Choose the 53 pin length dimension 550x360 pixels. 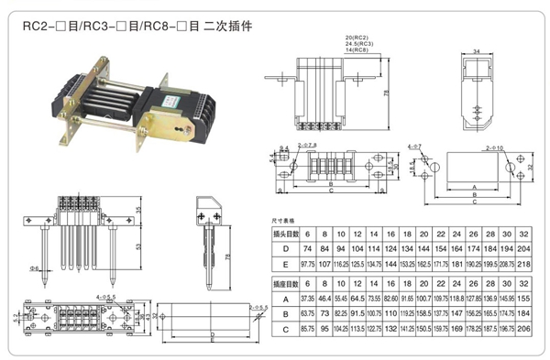137,246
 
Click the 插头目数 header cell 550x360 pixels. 287,235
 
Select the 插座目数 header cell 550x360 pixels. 287,285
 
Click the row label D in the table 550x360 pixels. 287,249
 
